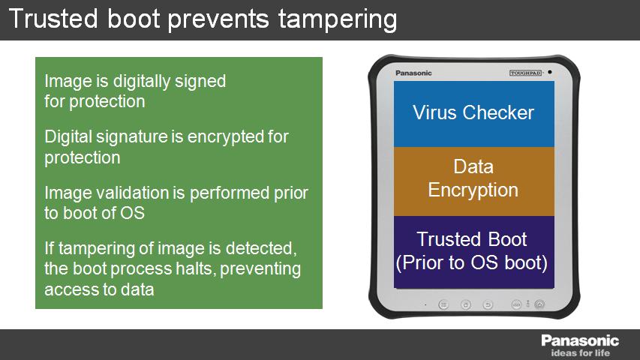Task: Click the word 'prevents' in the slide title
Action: point(218,20)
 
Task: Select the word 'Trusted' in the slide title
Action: point(53,18)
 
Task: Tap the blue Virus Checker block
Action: point(474,114)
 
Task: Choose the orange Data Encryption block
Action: point(474,181)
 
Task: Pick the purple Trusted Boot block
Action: point(474,252)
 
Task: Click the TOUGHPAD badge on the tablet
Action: point(526,73)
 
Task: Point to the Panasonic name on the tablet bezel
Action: point(413,73)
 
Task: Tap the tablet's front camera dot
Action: point(550,72)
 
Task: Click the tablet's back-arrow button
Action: point(488,304)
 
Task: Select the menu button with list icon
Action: point(443,304)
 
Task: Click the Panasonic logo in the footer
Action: point(580,340)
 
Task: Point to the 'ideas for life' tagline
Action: point(581,353)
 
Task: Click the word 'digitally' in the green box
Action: point(142,82)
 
